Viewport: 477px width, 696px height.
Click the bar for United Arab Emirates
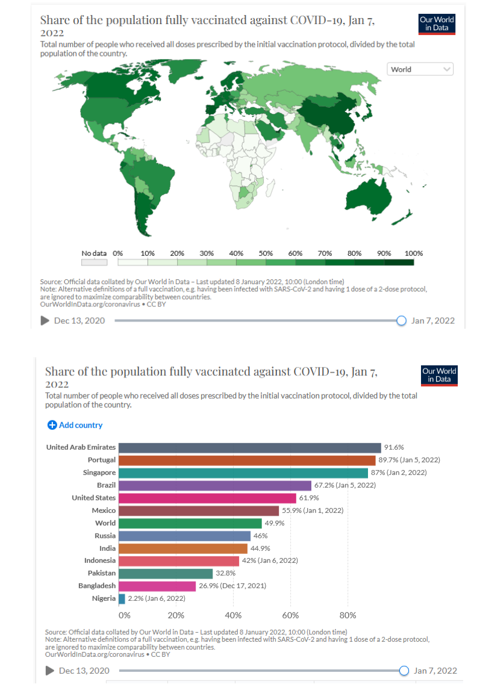point(249,447)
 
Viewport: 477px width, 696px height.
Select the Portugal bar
point(246,460)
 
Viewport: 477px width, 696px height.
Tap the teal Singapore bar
point(243,473)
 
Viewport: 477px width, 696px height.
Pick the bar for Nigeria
point(122,598)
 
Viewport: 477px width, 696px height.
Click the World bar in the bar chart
point(190,523)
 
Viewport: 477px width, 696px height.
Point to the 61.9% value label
point(309,498)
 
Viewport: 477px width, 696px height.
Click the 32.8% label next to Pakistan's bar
point(225,573)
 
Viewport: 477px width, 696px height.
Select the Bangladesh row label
point(97,586)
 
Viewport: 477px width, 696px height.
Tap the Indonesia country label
point(100,561)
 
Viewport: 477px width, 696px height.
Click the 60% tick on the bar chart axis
point(290,615)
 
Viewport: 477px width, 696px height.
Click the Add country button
point(75,425)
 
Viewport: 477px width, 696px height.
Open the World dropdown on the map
point(420,69)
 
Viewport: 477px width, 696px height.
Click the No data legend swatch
point(95,263)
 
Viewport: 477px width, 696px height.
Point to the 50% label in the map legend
point(266,253)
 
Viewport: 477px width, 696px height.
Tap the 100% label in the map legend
point(414,253)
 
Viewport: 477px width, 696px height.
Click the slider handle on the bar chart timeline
point(404,671)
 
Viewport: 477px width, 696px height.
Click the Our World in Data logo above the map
point(437,24)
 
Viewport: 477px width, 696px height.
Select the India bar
point(183,548)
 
